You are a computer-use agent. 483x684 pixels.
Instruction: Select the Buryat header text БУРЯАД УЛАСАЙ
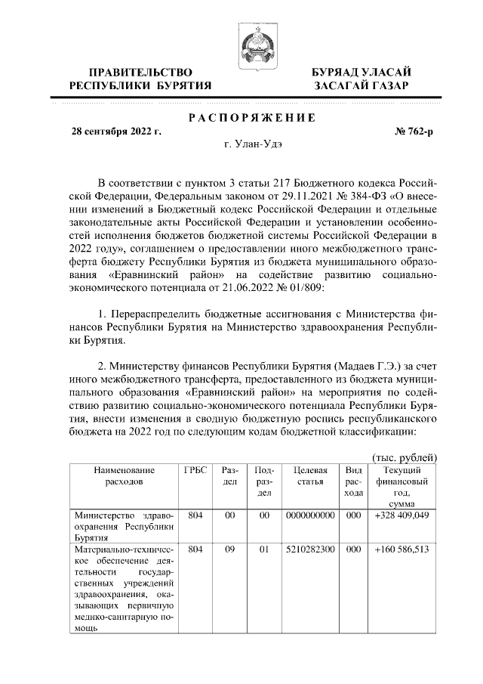[x=362, y=72]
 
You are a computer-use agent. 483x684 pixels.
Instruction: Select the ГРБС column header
[x=195, y=469]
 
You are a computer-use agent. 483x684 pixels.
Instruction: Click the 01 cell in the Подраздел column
[x=264, y=549]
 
